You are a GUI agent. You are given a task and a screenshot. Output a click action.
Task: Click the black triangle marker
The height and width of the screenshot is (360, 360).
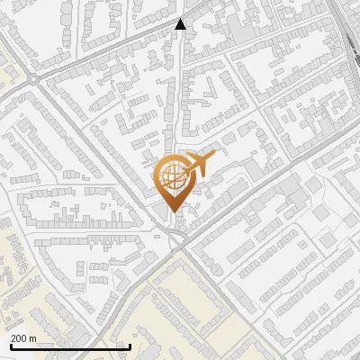pyautogui.click(x=180, y=24)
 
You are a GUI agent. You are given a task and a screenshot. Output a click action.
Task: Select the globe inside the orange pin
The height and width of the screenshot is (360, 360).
pyautogui.click(x=171, y=175)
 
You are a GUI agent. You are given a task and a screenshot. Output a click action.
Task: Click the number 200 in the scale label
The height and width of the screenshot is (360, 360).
pyautogui.click(x=18, y=338)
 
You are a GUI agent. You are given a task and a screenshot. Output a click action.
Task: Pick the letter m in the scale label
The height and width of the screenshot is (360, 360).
pyautogui.click(x=32, y=338)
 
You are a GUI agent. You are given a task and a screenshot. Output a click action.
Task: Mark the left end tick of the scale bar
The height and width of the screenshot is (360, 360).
pyautogui.click(x=11, y=346)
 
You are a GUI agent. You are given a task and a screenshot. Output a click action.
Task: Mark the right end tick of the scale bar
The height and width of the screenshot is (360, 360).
pyautogui.click(x=130, y=346)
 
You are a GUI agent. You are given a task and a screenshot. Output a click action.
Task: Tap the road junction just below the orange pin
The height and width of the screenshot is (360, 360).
pyautogui.click(x=177, y=238)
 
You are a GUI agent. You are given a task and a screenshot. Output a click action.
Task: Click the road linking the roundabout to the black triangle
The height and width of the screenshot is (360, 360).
pyautogui.click(x=108, y=50)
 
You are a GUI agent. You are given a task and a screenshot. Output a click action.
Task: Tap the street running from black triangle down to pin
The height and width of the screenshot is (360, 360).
pyautogui.click(x=177, y=99)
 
